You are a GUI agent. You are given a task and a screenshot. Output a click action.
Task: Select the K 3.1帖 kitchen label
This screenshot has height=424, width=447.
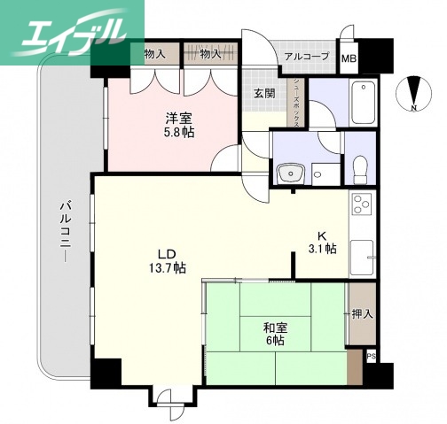322,242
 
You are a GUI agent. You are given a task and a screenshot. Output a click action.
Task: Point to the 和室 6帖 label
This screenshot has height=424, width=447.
275,334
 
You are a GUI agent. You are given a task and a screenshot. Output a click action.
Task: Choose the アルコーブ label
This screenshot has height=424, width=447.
306,57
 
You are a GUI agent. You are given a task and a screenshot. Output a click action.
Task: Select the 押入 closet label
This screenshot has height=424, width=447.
361,313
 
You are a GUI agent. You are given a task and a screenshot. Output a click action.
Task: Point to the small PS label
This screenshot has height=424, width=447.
371,357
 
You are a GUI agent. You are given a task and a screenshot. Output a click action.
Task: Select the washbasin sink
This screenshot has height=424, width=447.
288,173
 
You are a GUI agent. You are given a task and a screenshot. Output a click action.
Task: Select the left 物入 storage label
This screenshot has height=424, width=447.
154,54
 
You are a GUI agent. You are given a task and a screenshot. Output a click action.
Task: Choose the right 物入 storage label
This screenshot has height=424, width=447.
210,54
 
